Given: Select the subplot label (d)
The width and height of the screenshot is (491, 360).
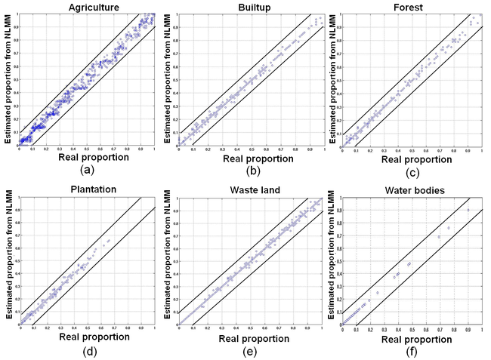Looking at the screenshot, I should click(x=85, y=352).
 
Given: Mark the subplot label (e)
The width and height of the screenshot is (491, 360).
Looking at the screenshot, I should click(x=246, y=352).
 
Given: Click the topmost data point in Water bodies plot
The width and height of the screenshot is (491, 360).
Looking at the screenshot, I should click(x=468, y=210).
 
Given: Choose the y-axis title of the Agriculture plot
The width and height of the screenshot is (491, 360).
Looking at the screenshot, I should click(x=6, y=79).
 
